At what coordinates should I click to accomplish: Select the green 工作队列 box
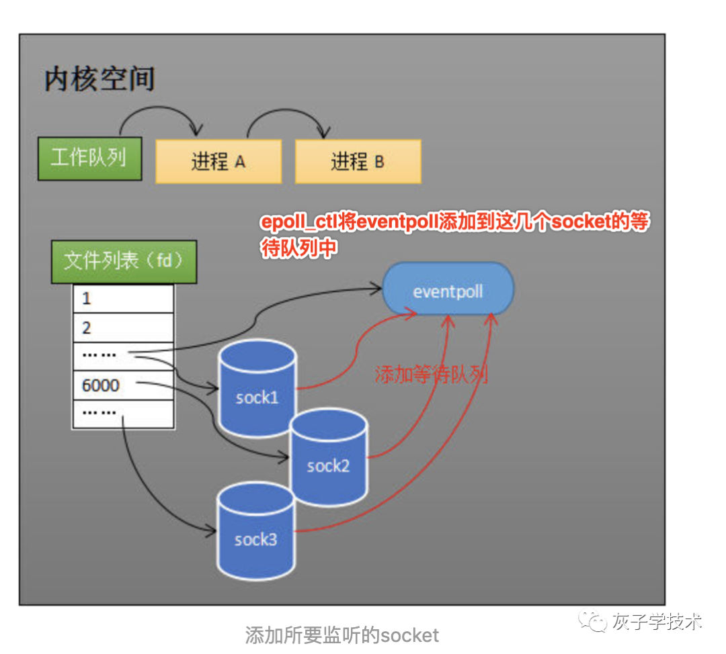tap(89, 159)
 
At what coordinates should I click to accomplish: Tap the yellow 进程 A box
tap(218, 162)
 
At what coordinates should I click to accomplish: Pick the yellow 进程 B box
tap(358, 162)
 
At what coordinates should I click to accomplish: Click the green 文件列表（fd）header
tap(124, 261)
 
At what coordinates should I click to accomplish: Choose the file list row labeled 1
tap(123, 299)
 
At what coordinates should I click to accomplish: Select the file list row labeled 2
tap(123, 328)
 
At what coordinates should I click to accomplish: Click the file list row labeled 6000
tap(123, 385)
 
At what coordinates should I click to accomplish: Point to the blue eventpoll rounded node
tap(448, 292)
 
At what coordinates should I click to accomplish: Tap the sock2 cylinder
tap(329, 459)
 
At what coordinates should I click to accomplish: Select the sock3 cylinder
tap(256, 532)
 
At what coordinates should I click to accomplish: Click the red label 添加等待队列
tap(431, 375)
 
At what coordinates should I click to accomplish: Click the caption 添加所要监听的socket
tap(341, 635)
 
